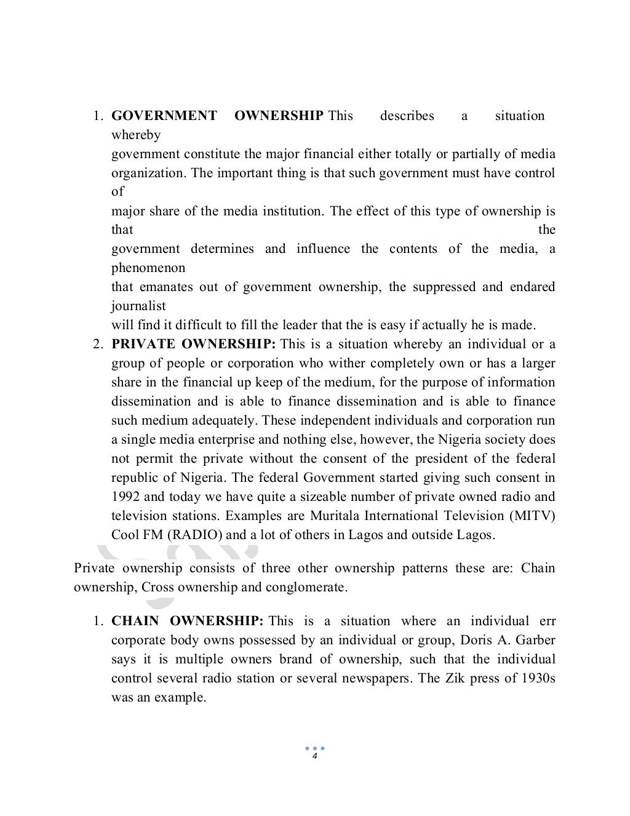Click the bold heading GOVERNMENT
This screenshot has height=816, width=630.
pos(164,116)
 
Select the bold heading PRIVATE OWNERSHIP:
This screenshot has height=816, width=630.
pos(194,344)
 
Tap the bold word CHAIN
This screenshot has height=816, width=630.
pos(135,621)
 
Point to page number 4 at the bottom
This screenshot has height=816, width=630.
pos(314,756)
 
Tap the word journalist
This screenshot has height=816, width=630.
pos(138,306)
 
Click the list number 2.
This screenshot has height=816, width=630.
pos(97,344)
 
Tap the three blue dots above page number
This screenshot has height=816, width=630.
pos(314,748)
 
